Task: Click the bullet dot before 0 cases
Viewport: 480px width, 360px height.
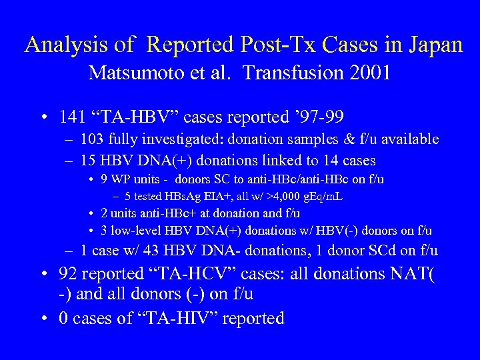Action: point(43,319)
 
